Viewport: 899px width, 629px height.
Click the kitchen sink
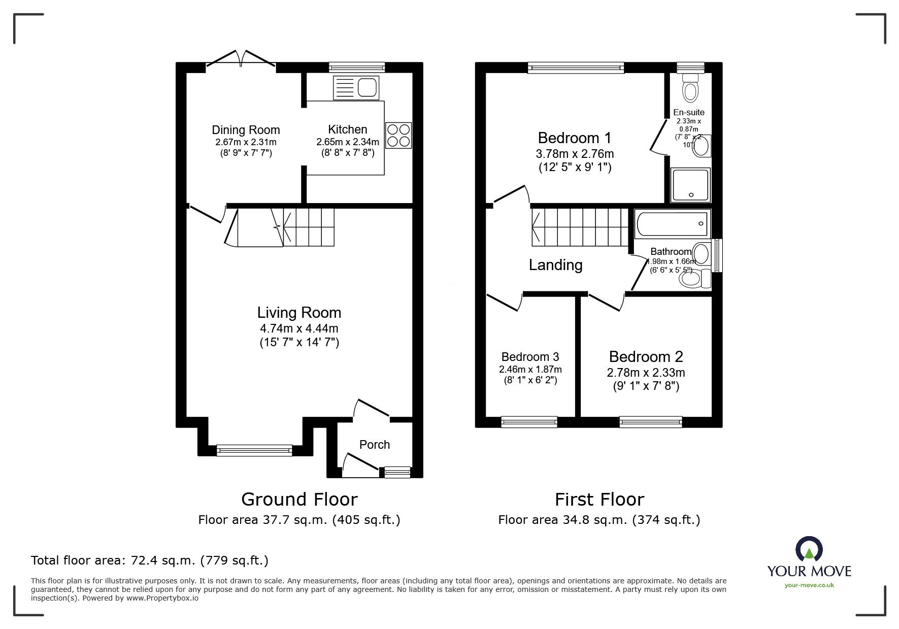[x=356, y=88]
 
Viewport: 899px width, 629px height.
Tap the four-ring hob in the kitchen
[x=398, y=135]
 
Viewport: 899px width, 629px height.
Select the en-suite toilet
[x=690, y=88]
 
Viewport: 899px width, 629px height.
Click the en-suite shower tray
[x=690, y=185]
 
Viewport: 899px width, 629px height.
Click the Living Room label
[x=299, y=312]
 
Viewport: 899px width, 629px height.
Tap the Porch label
[x=375, y=445]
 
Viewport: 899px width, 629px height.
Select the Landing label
[x=555, y=265]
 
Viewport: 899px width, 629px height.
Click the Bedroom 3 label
[x=530, y=357]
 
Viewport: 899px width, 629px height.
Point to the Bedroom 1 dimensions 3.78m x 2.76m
[x=575, y=153]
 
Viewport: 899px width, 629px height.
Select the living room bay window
[x=254, y=450]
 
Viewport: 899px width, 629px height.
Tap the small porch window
[x=397, y=472]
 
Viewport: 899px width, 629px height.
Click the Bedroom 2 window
[x=650, y=421]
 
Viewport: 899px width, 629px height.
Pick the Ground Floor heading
[x=299, y=500]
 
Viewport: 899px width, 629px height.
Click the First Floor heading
[x=599, y=500]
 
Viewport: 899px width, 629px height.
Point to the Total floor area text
[x=150, y=560]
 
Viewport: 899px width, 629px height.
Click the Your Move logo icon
[x=809, y=549]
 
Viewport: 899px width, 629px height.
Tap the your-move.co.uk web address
[x=809, y=585]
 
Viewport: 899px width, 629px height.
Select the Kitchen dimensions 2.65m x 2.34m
[x=348, y=142]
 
